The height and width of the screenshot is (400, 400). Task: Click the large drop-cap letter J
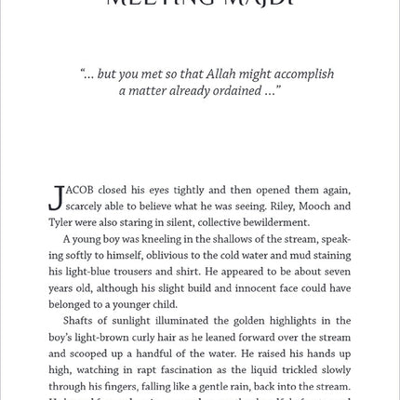(x=56, y=197)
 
